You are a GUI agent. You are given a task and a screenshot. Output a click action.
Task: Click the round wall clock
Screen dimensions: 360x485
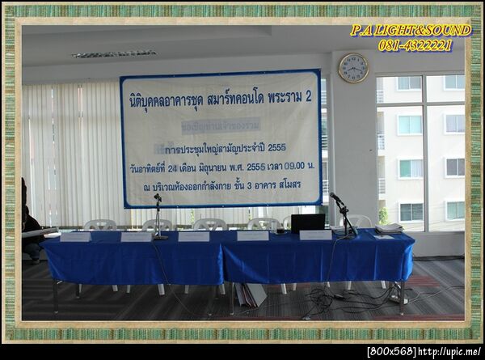[353, 68]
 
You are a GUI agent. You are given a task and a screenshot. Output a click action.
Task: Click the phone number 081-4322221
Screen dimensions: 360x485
[415, 45]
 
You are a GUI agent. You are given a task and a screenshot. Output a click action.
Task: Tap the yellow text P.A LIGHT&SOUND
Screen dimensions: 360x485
[411, 31]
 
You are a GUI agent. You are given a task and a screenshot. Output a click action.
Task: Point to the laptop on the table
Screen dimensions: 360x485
[308, 222]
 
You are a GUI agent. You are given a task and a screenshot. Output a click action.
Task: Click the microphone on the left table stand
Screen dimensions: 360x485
[158, 197]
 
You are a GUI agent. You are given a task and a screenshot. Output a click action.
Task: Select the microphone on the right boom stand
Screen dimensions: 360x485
[335, 198]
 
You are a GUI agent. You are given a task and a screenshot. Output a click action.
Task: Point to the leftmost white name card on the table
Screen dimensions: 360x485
[75, 237]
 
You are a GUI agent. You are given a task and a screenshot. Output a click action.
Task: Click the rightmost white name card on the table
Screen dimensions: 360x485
[314, 235]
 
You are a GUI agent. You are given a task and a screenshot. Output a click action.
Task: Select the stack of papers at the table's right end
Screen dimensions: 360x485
[389, 229]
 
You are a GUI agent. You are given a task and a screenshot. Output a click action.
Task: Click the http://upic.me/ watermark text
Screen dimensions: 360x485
[450, 352]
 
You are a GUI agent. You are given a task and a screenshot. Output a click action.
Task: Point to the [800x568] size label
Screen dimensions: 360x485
[391, 352]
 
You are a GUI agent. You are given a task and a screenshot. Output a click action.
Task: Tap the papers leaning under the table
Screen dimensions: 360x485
[251, 294]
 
